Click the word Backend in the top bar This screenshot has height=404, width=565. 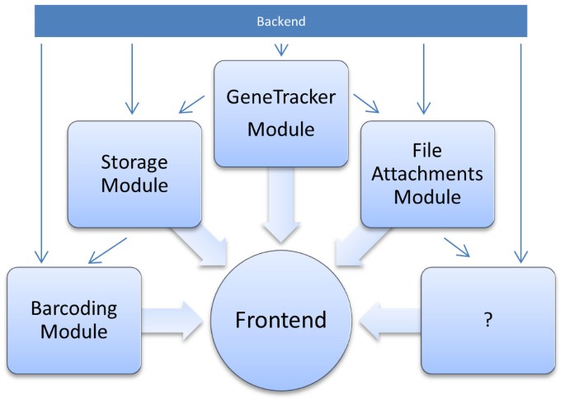pos(281,21)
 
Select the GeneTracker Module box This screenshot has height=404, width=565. pos(280,112)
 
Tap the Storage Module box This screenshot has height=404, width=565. pos(134,174)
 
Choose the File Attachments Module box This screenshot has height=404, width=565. pos(427,174)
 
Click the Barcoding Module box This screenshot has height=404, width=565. pos(70,320)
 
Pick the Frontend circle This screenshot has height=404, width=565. pos(280,320)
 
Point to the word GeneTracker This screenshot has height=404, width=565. pos(280,97)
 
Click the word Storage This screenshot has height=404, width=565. pos(134,162)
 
